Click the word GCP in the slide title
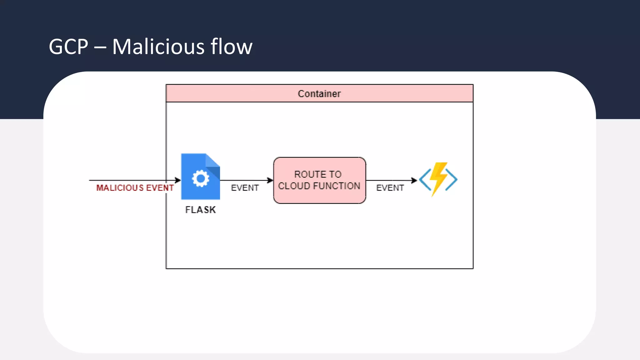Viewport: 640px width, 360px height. [68, 47]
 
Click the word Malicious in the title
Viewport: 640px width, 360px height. [158, 47]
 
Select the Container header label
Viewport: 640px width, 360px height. [319, 93]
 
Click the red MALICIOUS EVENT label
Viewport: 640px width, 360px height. [135, 188]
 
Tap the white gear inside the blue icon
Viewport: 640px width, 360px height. [200, 178]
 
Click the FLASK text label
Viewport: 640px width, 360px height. [200, 210]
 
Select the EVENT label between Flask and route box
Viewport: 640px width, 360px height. [245, 188]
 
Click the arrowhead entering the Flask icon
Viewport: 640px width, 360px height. [178, 180]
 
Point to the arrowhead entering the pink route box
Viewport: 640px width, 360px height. [270, 180]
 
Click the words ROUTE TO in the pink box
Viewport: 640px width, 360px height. [318, 174]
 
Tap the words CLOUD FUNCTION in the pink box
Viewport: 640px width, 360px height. [319, 186]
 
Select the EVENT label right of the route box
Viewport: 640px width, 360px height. [390, 188]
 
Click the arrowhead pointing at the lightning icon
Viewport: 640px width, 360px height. [414, 180]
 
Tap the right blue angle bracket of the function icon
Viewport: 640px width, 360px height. [452, 179]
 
